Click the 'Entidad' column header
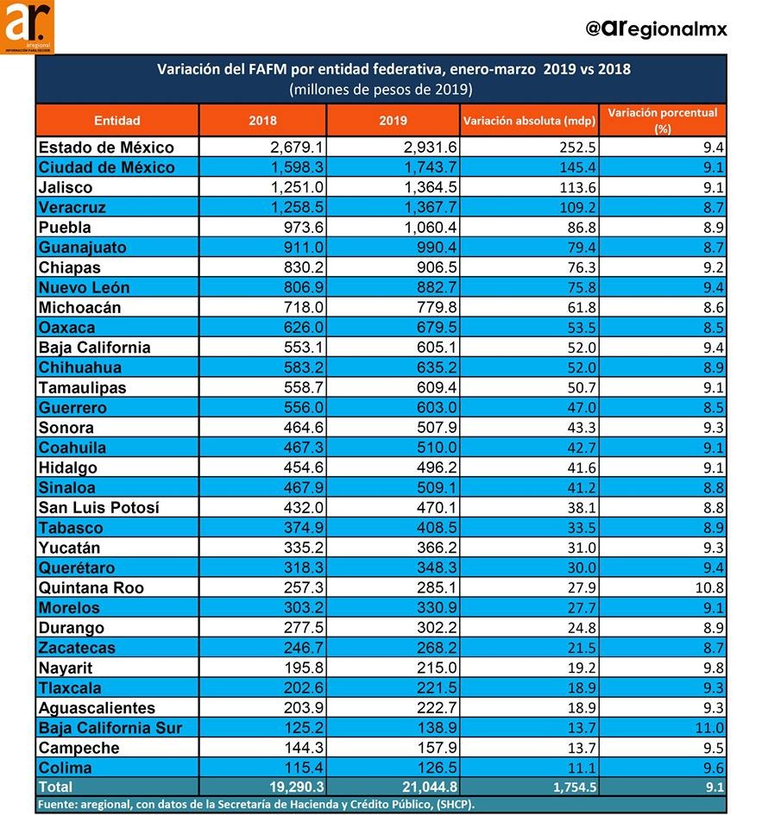click(117, 121)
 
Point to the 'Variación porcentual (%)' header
click(662, 121)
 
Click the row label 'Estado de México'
click(106, 147)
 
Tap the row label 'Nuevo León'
click(84, 287)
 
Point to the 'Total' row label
click(55, 787)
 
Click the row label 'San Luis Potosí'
click(98, 508)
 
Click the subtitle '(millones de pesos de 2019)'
click(381, 89)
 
